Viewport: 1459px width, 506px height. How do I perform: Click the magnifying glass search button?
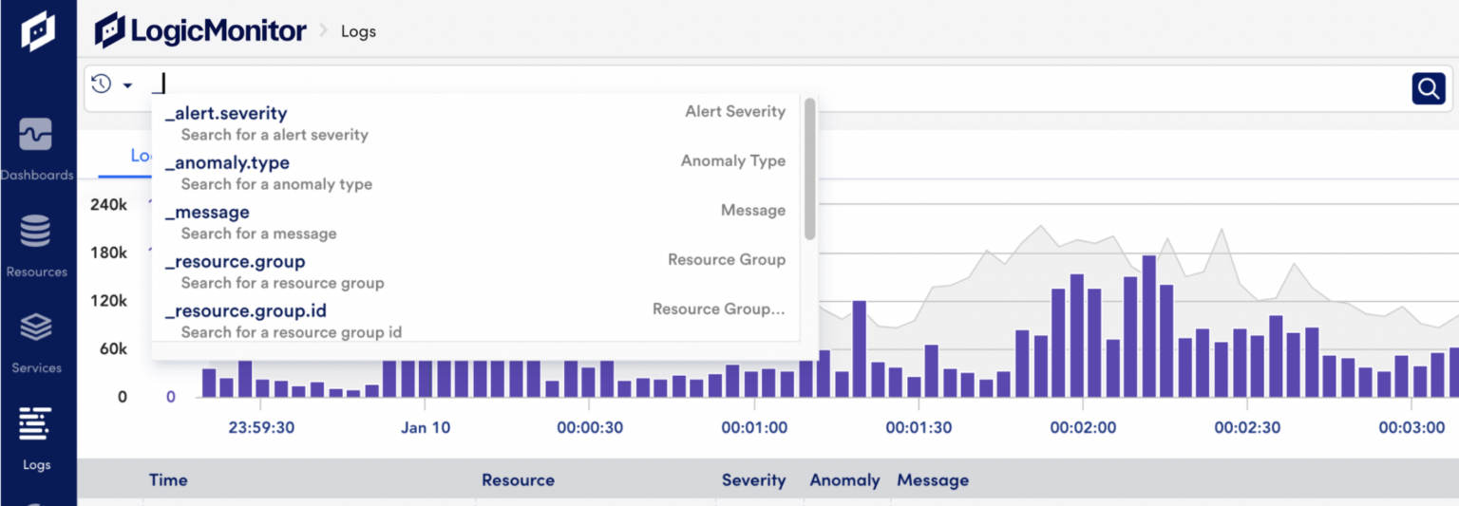coord(1428,88)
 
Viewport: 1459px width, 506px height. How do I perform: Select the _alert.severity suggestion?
coord(226,114)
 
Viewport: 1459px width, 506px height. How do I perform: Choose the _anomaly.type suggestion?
coord(227,163)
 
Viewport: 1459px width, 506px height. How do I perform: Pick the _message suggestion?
coord(207,213)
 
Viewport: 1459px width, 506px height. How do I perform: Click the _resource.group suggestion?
coord(236,262)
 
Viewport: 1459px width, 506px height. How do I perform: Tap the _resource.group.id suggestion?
coord(246,311)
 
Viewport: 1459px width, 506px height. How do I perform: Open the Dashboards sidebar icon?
coord(36,136)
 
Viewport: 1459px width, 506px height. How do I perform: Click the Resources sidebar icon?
coord(36,232)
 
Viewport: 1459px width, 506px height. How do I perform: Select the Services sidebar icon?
coord(36,328)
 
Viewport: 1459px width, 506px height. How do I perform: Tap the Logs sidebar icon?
coord(36,424)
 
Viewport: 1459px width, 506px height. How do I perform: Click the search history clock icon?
coord(102,84)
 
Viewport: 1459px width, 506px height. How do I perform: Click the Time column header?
coord(168,480)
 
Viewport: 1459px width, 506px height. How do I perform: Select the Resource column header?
coord(518,480)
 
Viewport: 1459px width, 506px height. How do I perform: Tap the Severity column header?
coord(753,480)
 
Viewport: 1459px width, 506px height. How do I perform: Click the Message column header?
coord(933,480)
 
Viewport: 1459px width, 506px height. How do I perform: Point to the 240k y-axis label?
coord(108,205)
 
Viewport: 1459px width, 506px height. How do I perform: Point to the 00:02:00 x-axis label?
coord(1083,428)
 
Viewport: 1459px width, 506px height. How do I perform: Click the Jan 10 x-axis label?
coord(426,428)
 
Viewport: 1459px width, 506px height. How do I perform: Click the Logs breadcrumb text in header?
coord(358,31)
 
